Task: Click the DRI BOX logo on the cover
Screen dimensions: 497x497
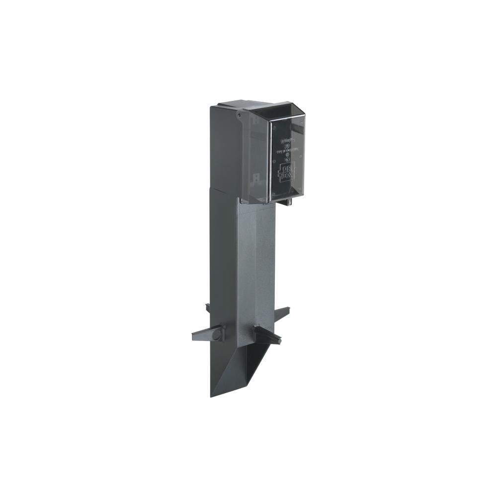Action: [287, 170]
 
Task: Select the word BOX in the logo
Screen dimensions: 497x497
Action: [287, 175]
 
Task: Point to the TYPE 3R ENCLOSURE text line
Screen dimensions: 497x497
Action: [287, 148]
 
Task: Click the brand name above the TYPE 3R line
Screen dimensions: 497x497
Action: [287, 141]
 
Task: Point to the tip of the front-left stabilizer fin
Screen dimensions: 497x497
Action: [195, 337]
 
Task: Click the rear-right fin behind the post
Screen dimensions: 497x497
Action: [282, 313]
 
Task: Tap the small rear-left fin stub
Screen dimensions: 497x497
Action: [208, 308]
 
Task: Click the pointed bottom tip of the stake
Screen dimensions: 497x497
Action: [212, 395]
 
